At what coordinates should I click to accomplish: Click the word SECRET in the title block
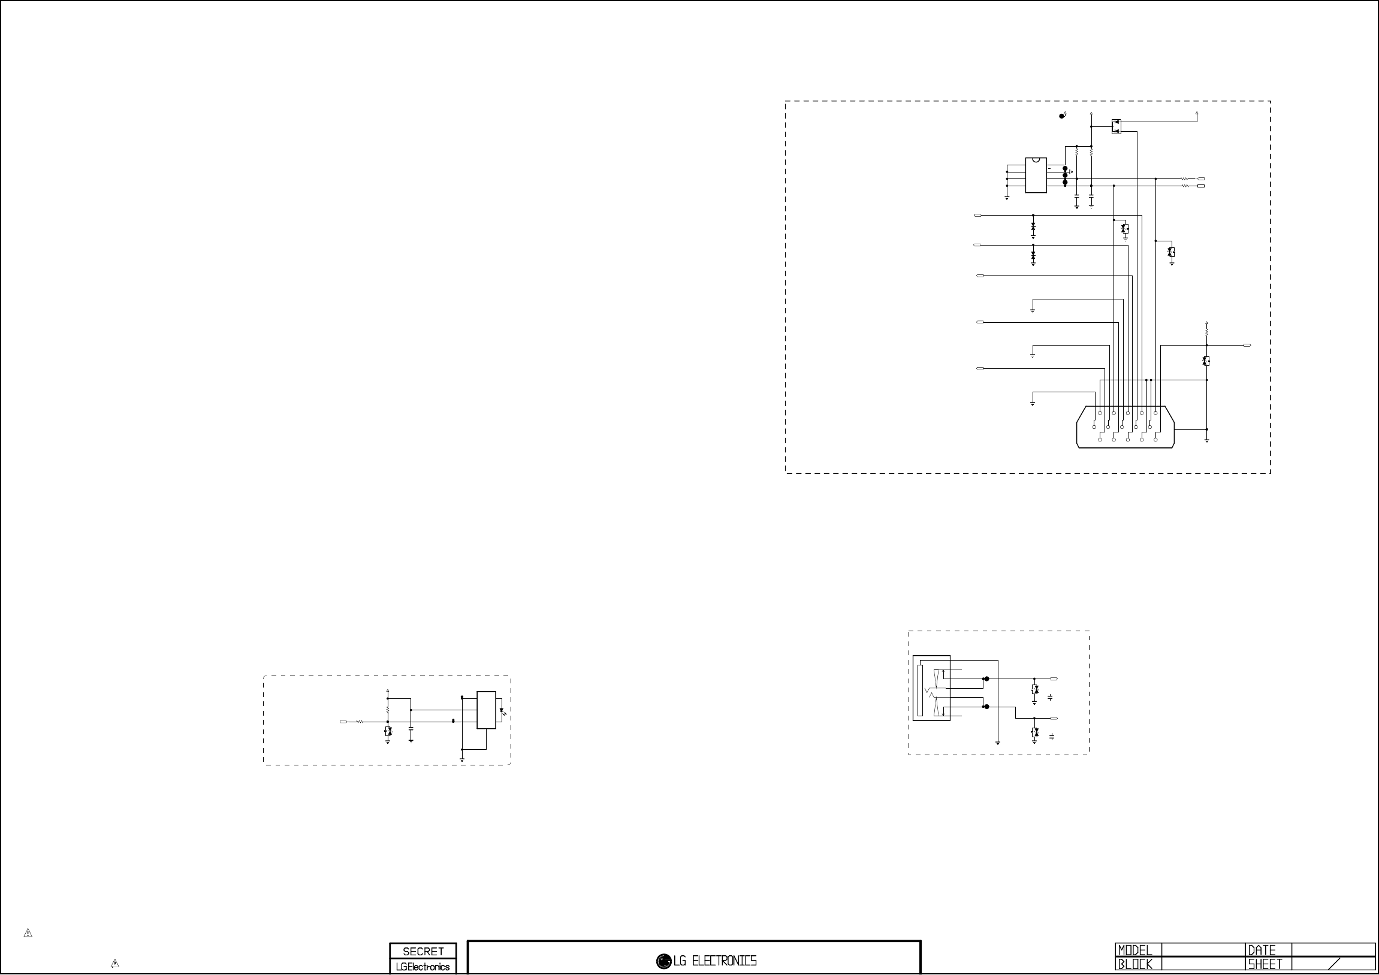pos(423,951)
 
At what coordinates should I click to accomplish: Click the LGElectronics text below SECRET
pos(423,967)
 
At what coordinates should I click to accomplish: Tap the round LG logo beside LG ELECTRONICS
pos(663,961)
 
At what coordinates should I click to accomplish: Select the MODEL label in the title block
pos(1134,950)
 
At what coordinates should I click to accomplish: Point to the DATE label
pos(1262,950)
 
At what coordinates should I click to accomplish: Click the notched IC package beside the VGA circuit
pos(1036,175)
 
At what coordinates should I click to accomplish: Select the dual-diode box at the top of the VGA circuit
pos(1116,127)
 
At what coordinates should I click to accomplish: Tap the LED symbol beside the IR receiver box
pos(502,712)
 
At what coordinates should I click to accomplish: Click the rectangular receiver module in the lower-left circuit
pos(486,710)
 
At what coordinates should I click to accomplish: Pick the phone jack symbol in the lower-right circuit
pos(931,688)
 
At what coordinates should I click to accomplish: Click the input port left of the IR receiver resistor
pos(343,722)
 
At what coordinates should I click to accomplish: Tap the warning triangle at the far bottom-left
pos(28,933)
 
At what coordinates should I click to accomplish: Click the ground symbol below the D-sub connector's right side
pos(1206,441)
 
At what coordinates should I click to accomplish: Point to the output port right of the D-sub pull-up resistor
pos(1248,345)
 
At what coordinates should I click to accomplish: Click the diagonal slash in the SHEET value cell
pos(1335,964)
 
